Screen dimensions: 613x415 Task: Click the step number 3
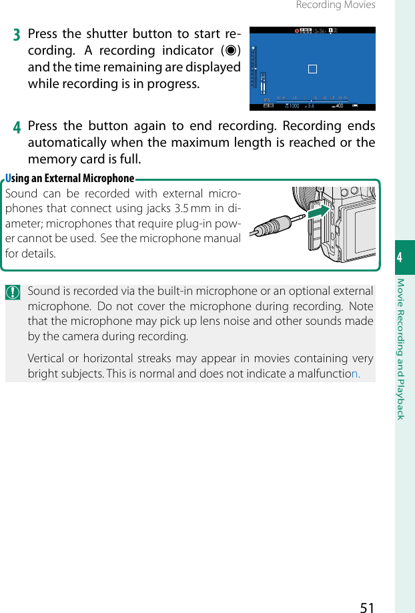(x=18, y=35)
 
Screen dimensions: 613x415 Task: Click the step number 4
(x=18, y=127)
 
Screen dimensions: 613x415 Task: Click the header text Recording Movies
(x=335, y=5)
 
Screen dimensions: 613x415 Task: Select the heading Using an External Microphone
(x=70, y=178)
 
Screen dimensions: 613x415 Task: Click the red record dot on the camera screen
(x=298, y=31)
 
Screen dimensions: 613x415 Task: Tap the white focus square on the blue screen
(x=312, y=69)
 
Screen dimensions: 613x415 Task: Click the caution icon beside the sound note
(x=13, y=292)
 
